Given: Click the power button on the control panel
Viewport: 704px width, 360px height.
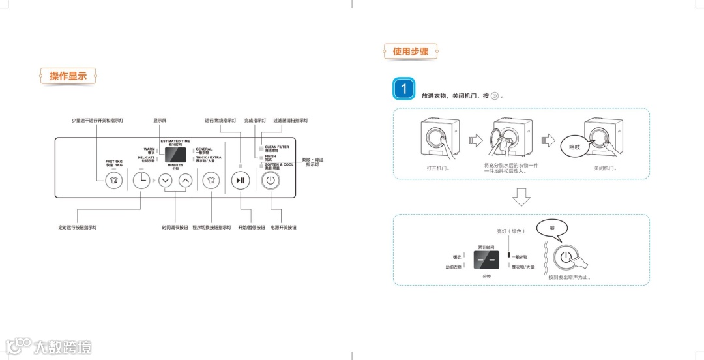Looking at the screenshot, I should (271, 181).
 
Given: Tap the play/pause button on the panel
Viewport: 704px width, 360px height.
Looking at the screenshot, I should (241, 181).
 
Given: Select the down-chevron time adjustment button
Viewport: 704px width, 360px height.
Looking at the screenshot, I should (165, 181).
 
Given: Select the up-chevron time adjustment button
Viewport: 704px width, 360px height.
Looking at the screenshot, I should (186, 181).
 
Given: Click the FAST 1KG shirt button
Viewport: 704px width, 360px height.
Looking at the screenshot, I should (114, 181).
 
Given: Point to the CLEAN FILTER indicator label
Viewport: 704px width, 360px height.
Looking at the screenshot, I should (276, 149).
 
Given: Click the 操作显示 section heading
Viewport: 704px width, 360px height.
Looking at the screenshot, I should (68, 76).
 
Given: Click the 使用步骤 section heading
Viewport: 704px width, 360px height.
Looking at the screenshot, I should (411, 51).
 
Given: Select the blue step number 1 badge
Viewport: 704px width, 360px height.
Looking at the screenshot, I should (403, 89).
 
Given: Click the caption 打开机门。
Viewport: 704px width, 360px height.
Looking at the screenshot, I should (438, 168).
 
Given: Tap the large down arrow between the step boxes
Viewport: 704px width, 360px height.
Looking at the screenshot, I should (521, 196).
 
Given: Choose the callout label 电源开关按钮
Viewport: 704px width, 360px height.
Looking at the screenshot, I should (283, 227).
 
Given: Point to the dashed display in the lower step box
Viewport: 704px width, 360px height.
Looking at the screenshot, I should (486, 260).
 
